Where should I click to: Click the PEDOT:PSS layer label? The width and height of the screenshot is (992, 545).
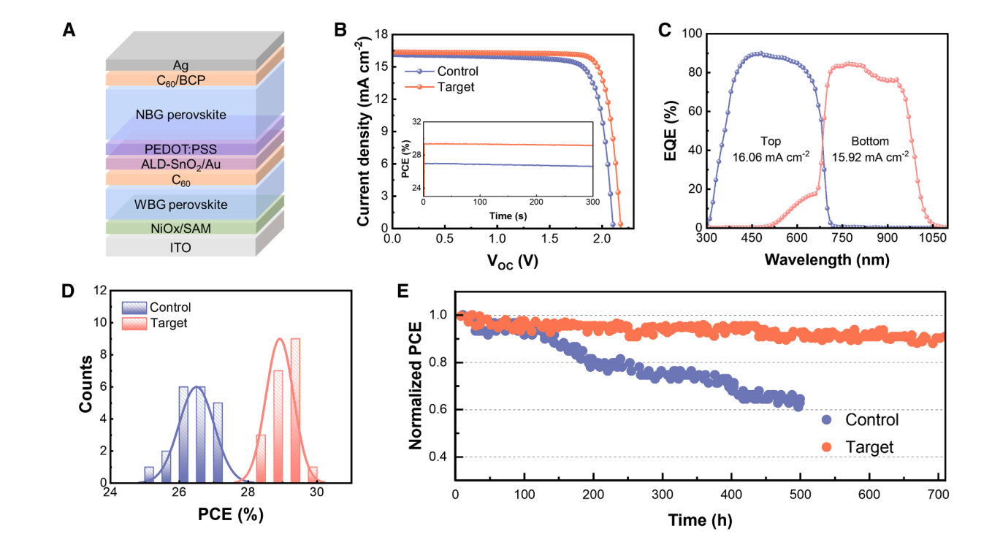tap(180, 149)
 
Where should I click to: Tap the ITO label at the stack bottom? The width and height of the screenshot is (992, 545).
tap(180, 248)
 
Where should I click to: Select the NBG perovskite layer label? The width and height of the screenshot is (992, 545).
tap(180, 115)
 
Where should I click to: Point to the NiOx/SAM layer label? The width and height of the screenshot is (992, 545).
tap(180, 229)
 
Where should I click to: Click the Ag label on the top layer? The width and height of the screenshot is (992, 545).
tap(180, 66)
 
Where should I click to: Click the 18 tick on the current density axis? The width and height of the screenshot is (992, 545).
tap(381, 34)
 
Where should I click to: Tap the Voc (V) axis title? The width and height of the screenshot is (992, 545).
tap(512, 261)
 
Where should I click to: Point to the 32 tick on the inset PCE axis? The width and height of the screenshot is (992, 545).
tap(416, 122)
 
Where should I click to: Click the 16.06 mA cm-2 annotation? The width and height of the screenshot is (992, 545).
tap(771, 157)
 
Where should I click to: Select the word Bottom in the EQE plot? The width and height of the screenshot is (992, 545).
tap(870, 141)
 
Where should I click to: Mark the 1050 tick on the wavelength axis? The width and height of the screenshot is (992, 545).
tap(933, 238)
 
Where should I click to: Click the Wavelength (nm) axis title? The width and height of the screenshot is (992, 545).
tap(827, 260)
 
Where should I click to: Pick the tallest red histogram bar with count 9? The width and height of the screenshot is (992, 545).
tap(295, 411)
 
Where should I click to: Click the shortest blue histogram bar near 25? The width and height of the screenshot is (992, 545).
tap(149, 475)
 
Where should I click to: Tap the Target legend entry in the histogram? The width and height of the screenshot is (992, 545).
tap(155, 323)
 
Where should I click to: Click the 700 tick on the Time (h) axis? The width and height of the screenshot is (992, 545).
tap(938, 495)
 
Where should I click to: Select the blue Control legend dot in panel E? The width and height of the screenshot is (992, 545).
tap(826, 419)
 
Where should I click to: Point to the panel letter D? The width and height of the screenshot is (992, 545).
tap(67, 291)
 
